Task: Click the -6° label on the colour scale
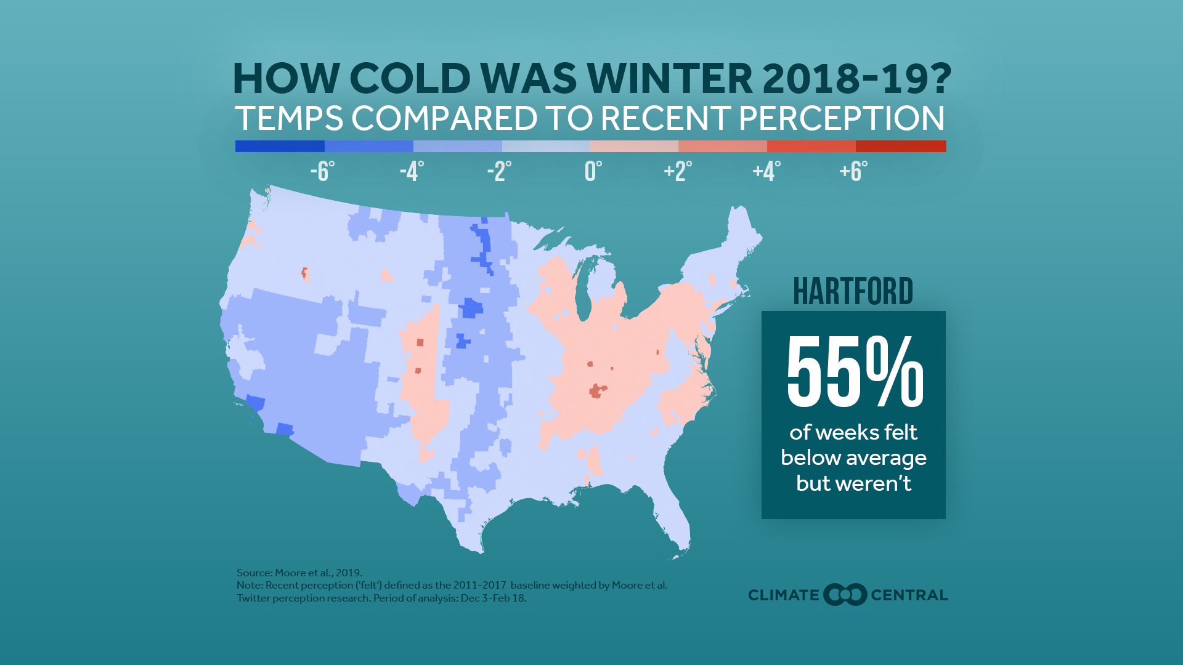[322, 171]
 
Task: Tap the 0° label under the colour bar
[593, 171]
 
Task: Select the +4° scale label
[766, 171]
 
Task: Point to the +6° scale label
[853, 171]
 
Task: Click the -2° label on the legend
[499, 171]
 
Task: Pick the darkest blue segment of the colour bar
[280, 146]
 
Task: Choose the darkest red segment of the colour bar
[901, 146]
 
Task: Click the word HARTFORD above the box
[853, 291]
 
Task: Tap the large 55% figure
[854, 372]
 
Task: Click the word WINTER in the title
[669, 79]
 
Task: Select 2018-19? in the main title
[856, 79]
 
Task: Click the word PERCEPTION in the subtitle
[842, 118]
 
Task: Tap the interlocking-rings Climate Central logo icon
[845, 595]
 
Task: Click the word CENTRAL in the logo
[909, 595]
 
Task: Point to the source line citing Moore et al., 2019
[299, 573]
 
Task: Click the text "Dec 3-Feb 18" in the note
[493, 598]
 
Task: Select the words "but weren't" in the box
[853, 483]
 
